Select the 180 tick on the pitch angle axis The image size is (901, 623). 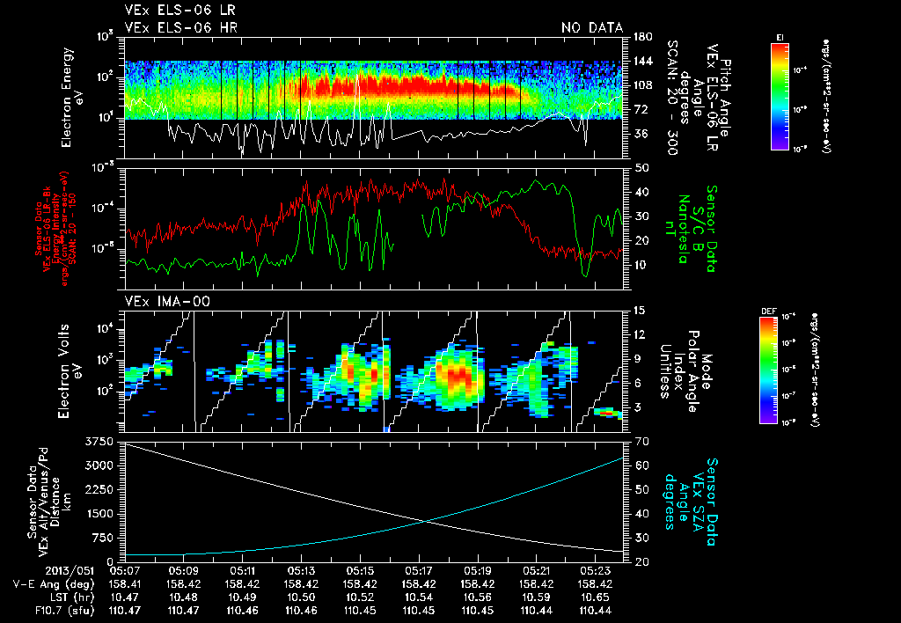tap(641, 37)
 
